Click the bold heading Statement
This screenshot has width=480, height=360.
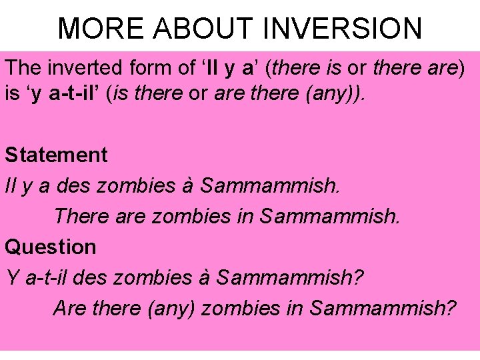56,155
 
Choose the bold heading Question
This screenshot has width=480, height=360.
51,247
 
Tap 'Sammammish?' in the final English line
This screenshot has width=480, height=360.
383,308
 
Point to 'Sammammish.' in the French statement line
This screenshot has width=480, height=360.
270,185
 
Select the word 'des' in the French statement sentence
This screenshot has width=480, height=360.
73,185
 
